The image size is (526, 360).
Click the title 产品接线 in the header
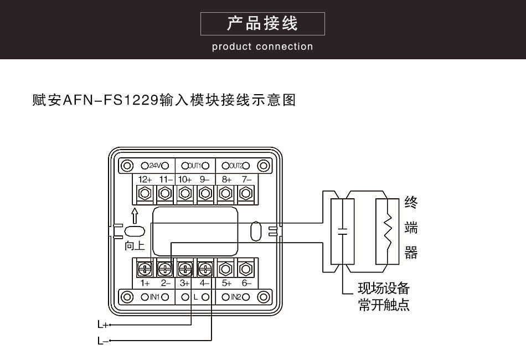click(262, 23)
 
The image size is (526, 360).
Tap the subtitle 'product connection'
click(262, 47)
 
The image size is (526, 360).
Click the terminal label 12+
click(145, 180)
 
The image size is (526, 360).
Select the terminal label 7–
click(246, 180)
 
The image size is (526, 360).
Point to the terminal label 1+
click(145, 283)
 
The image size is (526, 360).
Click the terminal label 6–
click(246, 283)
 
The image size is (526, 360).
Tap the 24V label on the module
click(154, 166)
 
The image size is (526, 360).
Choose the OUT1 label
click(195, 166)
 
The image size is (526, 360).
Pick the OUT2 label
click(236, 166)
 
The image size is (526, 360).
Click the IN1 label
click(154, 297)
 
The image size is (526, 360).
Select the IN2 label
click(236, 297)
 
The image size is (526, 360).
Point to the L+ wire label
click(101, 325)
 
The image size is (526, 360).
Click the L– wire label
click(101, 341)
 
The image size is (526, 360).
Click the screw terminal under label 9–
click(205, 193)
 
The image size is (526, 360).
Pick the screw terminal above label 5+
click(226, 269)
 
